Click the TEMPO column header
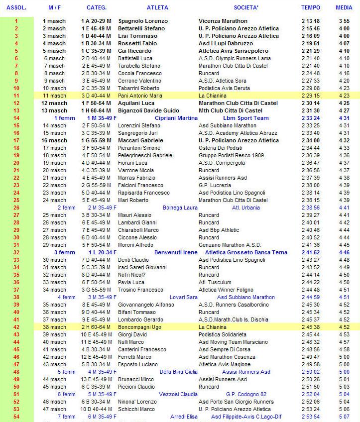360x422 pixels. (310, 7)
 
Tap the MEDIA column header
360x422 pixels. (344, 7)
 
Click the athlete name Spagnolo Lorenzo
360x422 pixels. (143, 21)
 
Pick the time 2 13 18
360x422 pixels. (310, 21)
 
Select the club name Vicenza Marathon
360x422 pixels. (223, 21)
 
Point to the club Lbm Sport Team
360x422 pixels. (246, 118)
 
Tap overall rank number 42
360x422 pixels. (16, 327)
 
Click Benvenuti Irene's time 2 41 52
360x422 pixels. (310, 252)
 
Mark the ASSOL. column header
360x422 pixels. (16, 7)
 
